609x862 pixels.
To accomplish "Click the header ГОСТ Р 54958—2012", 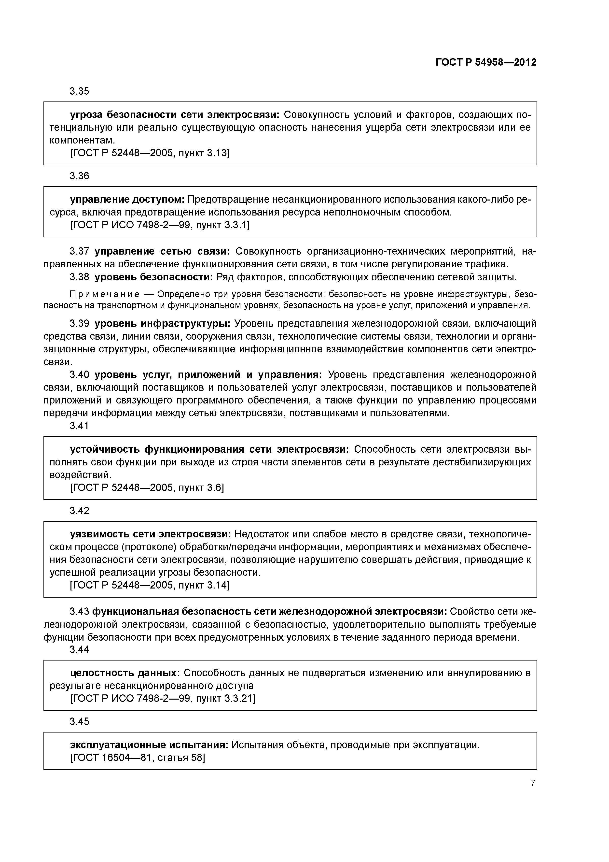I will tap(486, 62).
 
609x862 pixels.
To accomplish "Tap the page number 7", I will tap(533, 783).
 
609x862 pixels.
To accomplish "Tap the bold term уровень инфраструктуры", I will tap(163, 324).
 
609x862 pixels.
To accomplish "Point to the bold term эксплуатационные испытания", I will tap(149, 745).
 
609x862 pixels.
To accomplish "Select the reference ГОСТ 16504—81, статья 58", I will tap(138, 758).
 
